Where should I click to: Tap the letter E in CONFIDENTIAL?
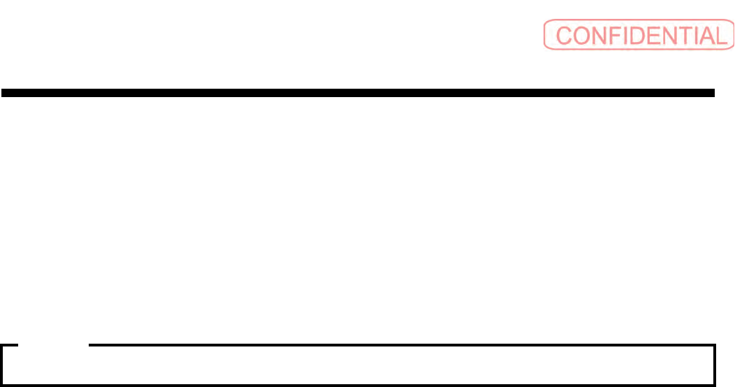click(655, 36)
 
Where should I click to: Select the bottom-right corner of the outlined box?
click(715, 384)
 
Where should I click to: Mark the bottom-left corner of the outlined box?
click(2, 384)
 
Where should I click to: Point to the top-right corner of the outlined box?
click(715, 345)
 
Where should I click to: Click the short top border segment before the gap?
click(10, 345)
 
